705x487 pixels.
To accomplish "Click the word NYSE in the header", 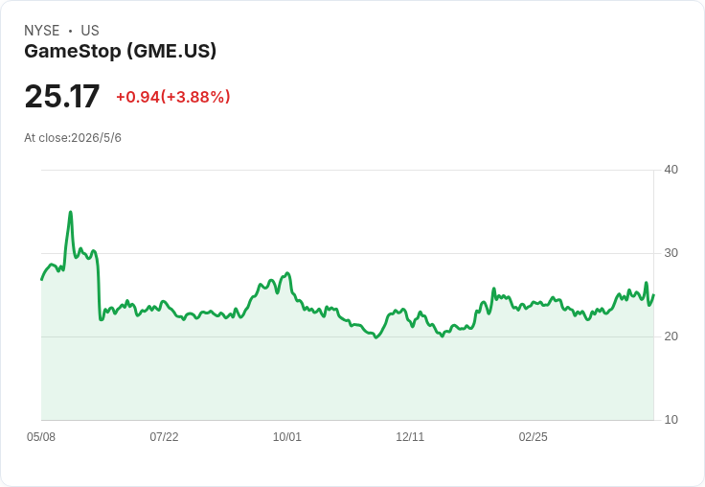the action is [42, 31].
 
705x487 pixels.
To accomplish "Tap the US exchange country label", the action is [90, 31].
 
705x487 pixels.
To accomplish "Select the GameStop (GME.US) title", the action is [120, 52].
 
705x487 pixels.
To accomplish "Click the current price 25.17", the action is [62, 96].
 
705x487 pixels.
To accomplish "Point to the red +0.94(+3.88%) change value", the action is [173, 97].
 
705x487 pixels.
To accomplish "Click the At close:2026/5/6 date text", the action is [73, 138].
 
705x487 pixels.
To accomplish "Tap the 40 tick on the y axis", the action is [671, 170].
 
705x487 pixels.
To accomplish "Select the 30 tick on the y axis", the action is [671, 253].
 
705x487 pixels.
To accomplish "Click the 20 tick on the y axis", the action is [671, 336].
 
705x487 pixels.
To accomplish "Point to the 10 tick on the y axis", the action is [671, 420].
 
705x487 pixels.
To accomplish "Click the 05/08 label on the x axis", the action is [41, 436].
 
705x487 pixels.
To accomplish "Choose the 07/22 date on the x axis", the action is [164, 436].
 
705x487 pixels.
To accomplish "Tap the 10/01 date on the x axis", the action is [286, 436].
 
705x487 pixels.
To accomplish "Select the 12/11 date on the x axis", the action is [410, 436].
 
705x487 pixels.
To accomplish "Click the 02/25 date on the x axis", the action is [533, 436].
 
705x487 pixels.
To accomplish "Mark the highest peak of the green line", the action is [71, 212].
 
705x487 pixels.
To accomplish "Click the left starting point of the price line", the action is [42, 280].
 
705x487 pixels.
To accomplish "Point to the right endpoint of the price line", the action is [653, 295].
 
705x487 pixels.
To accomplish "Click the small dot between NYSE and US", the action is [70, 31].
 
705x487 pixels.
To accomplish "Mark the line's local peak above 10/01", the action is [287, 273].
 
